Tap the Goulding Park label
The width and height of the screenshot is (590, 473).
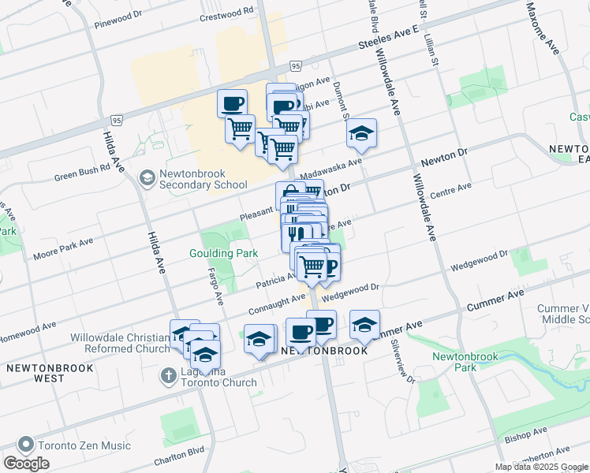point(223,253)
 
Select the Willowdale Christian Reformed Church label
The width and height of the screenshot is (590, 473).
point(120,343)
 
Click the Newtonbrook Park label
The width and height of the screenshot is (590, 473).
point(465,362)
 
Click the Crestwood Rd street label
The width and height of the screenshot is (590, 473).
point(227,13)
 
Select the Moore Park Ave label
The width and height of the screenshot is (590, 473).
point(63,249)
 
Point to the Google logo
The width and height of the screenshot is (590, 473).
point(27,464)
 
